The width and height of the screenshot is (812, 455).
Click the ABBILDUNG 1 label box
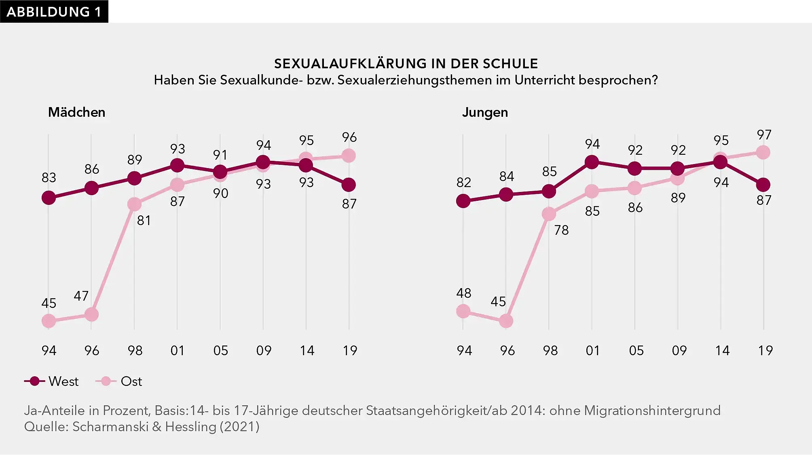click(54, 11)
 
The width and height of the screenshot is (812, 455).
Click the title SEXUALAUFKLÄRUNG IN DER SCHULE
click(406, 63)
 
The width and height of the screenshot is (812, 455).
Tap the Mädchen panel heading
click(76, 112)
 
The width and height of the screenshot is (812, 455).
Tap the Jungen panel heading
click(484, 112)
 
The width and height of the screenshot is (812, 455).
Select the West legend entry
click(51, 381)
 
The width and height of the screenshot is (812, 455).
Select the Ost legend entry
click(119, 381)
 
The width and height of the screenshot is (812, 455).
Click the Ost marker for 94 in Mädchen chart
click(49, 321)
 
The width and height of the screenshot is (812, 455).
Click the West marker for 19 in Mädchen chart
click(349, 185)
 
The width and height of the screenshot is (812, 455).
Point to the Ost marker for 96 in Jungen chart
click(506, 321)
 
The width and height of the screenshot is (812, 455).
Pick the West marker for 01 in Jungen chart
click(592, 162)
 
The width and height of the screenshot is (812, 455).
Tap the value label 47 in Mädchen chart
click(81, 296)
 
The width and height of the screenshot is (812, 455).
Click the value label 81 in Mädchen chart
click(144, 220)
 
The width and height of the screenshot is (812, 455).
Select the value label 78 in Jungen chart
click(561, 230)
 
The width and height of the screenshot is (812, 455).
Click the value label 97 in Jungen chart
click(764, 135)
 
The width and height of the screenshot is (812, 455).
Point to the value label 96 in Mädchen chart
click(349, 137)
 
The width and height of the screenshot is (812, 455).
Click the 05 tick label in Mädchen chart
click(220, 350)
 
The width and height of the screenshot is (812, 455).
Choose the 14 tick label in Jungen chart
click(722, 350)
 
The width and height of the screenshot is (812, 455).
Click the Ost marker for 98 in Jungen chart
click(549, 214)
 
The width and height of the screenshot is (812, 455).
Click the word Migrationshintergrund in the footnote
click(652, 411)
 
